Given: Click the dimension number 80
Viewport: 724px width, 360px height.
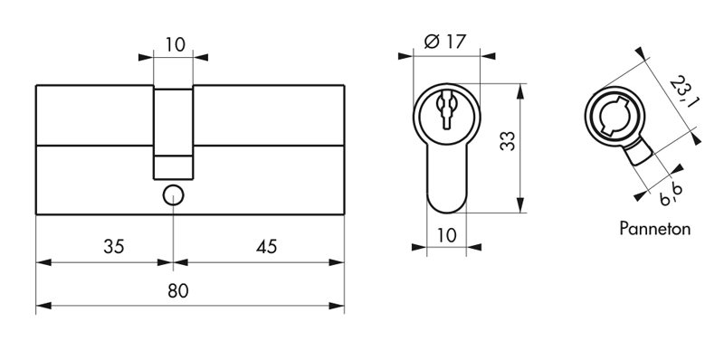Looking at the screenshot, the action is point(177,291).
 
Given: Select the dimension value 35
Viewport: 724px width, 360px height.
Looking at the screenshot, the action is point(114,246).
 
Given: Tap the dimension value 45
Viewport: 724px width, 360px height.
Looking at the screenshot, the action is point(266,246).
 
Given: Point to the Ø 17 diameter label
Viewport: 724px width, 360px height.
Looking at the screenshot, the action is point(444,42).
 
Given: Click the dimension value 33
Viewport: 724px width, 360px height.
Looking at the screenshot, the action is point(508,141).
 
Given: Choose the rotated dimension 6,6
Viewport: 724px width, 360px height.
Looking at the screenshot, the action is point(672,194).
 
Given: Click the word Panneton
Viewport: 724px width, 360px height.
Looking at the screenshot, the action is point(654,229).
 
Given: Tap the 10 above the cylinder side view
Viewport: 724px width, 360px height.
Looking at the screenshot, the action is point(175,44).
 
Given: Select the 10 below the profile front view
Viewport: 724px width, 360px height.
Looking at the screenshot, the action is point(446,235).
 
